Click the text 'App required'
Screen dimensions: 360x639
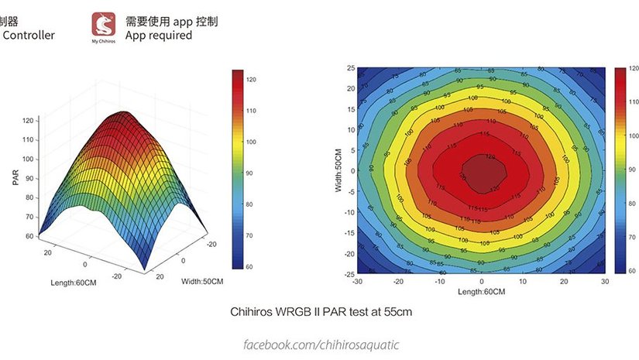click(158, 36)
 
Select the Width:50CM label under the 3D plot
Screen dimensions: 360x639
click(203, 280)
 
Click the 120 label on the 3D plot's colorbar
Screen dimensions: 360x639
click(251, 80)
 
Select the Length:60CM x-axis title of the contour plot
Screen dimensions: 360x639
click(481, 291)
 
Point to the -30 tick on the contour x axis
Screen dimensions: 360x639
click(356, 283)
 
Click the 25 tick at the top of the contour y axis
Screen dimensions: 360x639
click(350, 68)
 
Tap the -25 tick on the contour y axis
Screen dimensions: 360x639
click(349, 274)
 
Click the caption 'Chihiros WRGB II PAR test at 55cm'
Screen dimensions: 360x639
click(321, 313)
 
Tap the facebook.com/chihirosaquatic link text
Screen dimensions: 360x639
click(321, 344)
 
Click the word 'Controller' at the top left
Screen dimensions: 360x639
click(29, 36)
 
